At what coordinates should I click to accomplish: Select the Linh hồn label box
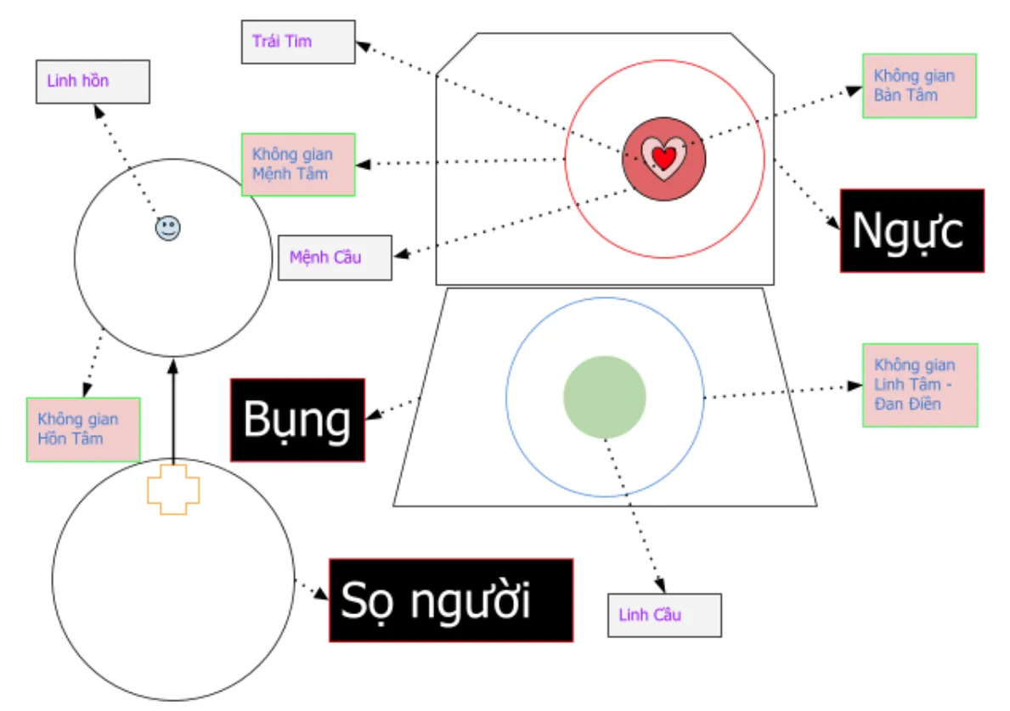tap(93, 82)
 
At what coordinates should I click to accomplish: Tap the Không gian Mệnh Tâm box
tap(297, 164)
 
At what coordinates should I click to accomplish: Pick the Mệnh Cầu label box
tap(335, 257)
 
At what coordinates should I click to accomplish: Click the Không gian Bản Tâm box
tap(919, 86)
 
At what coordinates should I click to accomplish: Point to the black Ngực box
tap(911, 230)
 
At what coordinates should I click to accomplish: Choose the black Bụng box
tap(297, 420)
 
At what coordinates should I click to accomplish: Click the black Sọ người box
tap(450, 600)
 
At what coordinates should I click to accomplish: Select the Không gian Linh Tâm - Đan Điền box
tap(920, 385)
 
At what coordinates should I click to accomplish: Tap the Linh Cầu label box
tap(664, 615)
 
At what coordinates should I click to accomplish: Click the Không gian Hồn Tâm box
tap(82, 429)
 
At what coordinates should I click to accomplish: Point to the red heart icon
tap(663, 156)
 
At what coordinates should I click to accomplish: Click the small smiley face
tap(168, 228)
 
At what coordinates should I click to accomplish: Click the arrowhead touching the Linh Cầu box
tap(660, 586)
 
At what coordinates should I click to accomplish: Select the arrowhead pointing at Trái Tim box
tap(361, 43)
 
